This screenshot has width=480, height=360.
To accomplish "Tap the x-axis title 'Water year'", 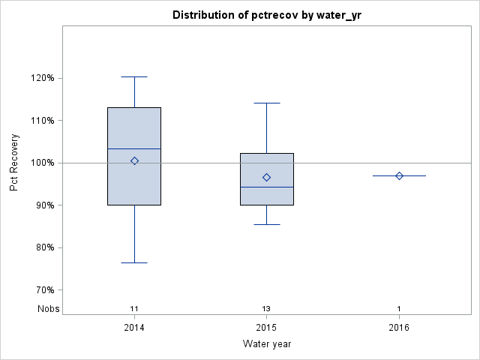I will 266,343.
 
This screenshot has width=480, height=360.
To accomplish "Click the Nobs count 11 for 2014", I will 134,308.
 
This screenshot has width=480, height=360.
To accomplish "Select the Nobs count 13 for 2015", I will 266,308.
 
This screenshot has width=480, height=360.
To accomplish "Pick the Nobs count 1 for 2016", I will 399,308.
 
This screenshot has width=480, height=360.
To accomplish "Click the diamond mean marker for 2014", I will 134,160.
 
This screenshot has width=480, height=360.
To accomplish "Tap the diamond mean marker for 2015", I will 266,177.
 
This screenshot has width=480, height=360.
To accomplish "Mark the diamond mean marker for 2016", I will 399,175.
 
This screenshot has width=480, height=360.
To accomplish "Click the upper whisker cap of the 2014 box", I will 134,76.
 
